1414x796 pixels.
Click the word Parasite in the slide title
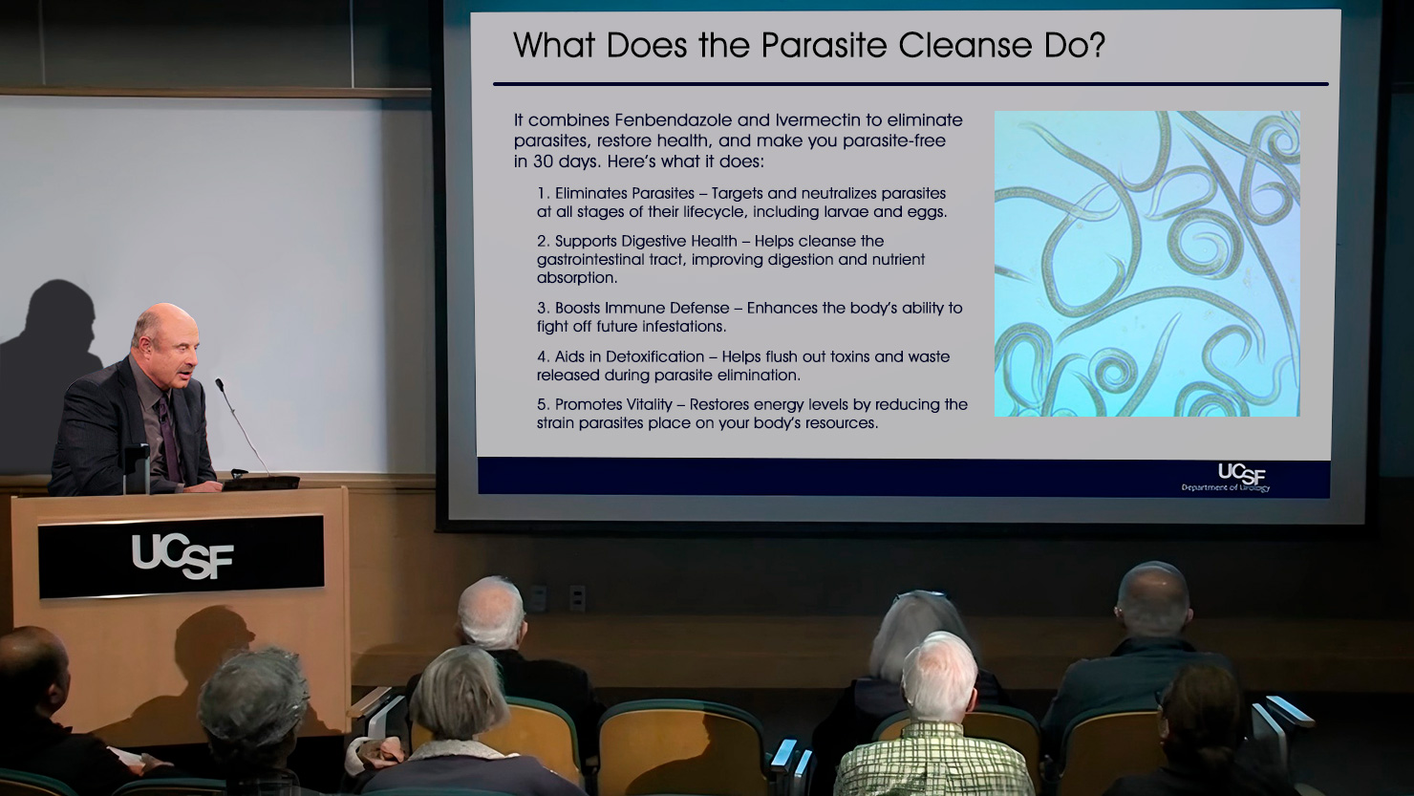824,46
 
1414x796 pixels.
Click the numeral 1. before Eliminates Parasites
543,193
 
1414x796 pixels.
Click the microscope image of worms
1147,263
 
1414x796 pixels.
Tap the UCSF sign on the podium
182,555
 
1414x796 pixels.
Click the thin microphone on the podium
242,427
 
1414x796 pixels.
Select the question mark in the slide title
1096,46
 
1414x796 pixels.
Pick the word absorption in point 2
577,278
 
